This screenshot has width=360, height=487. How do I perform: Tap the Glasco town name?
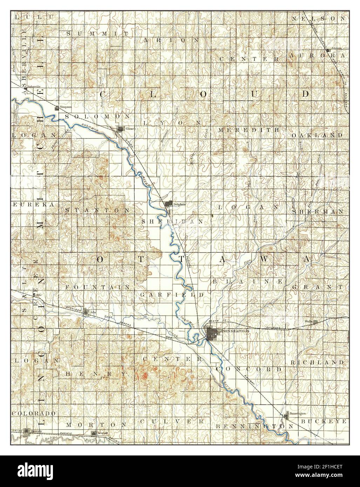point(131,129)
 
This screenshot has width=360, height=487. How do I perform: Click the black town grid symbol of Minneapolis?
point(211,334)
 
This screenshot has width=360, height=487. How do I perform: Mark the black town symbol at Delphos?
point(169,204)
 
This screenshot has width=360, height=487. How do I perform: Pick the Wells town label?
point(309,321)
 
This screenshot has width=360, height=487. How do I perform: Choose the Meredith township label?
point(249,130)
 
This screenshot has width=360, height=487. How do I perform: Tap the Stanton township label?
point(97,210)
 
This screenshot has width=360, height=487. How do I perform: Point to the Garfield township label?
point(172,295)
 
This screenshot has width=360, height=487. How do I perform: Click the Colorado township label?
point(34,413)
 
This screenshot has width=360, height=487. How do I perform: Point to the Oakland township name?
point(317,135)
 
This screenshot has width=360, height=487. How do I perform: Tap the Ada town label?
point(93,311)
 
